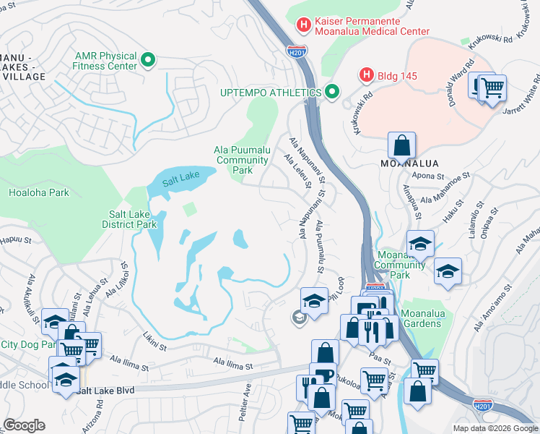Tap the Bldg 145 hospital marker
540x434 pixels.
(367, 75)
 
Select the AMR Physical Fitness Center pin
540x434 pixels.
(149, 59)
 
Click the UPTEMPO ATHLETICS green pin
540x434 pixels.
(332, 92)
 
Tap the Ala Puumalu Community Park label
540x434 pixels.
(243, 160)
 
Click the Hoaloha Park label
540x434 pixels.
(39, 193)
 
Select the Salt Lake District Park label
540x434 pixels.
(132, 219)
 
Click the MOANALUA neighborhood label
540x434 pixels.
(409, 163)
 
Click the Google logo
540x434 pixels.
(25, 425)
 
